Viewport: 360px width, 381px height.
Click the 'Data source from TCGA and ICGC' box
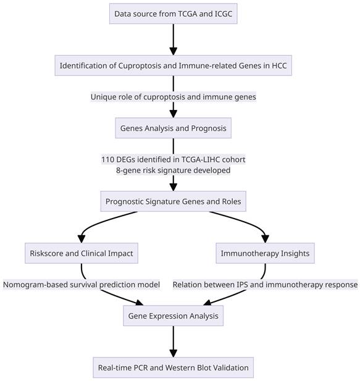[x=173, y=13]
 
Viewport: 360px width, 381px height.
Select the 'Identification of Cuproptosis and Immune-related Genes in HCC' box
[x=173, y=65]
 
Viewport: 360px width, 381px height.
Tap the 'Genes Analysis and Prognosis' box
[x=173, y=129]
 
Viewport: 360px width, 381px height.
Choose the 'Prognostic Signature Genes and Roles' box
[x=173, y=201]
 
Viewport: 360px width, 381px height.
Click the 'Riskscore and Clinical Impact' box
[x=82, y=253]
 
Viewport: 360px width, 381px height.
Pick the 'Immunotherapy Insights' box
[x=266, y=253]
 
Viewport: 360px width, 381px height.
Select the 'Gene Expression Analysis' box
[x=173, y=316]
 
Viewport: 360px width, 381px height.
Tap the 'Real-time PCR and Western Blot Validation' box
[x=173, y=367]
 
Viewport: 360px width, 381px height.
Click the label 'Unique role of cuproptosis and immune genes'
[x=173, y=97]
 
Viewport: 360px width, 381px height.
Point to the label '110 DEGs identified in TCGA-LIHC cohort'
[x=173, y=159]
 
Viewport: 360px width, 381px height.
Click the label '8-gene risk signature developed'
[x=173, y=170]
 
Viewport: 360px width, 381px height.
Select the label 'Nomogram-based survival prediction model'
[x=82, y=285]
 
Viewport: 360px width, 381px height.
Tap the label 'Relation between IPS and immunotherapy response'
[x=266, y=285]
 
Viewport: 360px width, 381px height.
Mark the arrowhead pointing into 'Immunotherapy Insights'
[x=266, y=238]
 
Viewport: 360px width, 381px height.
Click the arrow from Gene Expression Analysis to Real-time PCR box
[x=173, y=341]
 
